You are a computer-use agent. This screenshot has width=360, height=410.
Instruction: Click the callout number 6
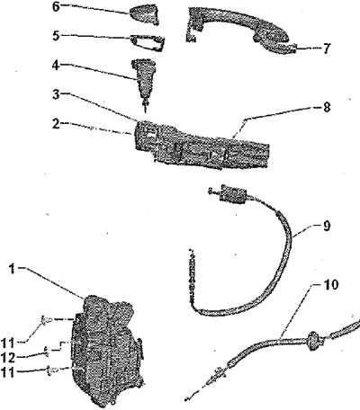pos(57,6)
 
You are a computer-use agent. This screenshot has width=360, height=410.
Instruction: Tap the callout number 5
pos(57,36)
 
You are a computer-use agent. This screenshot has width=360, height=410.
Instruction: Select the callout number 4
pos(57,66)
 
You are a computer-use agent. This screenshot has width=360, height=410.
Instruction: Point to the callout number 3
pos(57,95)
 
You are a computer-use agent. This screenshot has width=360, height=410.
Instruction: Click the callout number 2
pos(57,124)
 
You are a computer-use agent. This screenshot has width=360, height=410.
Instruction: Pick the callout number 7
pos(327,49)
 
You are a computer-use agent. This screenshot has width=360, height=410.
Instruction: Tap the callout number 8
pos(327,107)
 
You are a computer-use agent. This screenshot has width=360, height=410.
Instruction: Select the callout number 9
pos(327,226)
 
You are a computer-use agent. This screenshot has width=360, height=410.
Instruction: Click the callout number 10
pos(331,285)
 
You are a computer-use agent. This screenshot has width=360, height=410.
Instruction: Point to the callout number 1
pos(12,269)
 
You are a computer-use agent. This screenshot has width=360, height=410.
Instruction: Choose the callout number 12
pos(8,357)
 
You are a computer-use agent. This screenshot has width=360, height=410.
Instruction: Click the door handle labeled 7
pos(239,32)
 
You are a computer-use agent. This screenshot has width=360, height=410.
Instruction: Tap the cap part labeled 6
pos(144,13)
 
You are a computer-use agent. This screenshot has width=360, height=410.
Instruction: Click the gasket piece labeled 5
pos(148,42)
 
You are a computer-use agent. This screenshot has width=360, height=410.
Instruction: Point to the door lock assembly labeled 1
pos(105,349)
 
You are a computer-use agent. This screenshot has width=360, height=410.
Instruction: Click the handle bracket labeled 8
pos(201,145)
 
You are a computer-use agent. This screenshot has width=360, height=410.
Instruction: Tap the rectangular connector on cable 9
pos(231,193)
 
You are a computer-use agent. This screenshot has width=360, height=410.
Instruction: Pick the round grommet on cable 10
pos(314,340)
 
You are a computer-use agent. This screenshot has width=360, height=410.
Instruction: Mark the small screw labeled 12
pos(47,351)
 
